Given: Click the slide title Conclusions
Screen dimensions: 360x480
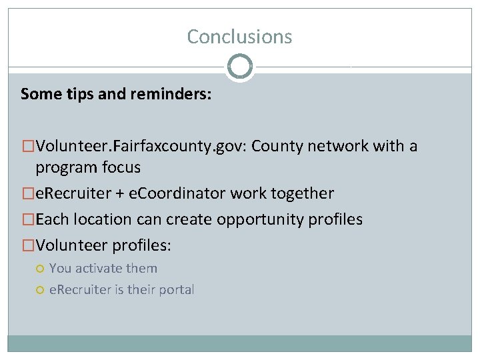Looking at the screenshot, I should [239, 36].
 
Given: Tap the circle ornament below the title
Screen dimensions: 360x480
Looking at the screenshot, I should [239, 67].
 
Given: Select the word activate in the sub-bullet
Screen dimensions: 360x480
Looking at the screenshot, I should [103, 269].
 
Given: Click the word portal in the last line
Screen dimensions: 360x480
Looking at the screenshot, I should [175, 290].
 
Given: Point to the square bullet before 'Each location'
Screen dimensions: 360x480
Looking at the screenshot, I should [28, 220].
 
